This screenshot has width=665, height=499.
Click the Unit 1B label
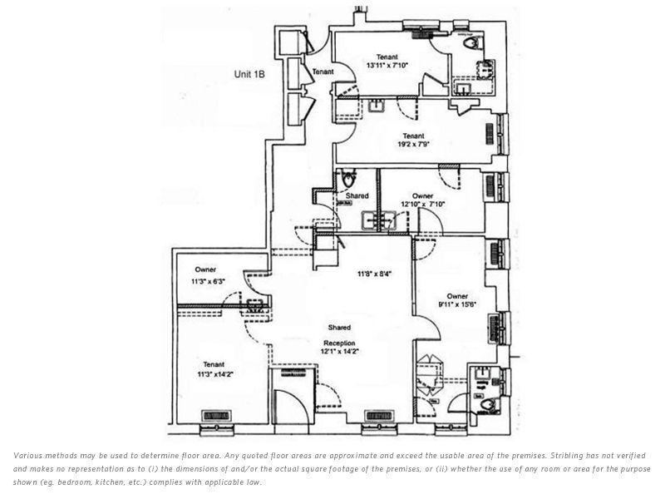249,74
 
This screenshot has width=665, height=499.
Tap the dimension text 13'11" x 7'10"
384,64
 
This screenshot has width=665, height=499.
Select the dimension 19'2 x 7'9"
413,144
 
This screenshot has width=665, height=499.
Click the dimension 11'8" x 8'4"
375,273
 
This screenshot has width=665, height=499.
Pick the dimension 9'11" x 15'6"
456,305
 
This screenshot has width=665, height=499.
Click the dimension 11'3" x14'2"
214,374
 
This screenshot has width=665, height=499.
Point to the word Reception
340,343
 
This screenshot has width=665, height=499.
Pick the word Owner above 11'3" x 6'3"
205,269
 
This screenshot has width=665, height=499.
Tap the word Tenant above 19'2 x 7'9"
413,135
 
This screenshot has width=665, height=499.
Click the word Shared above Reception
339,328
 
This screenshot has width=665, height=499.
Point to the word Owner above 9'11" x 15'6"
456,296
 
